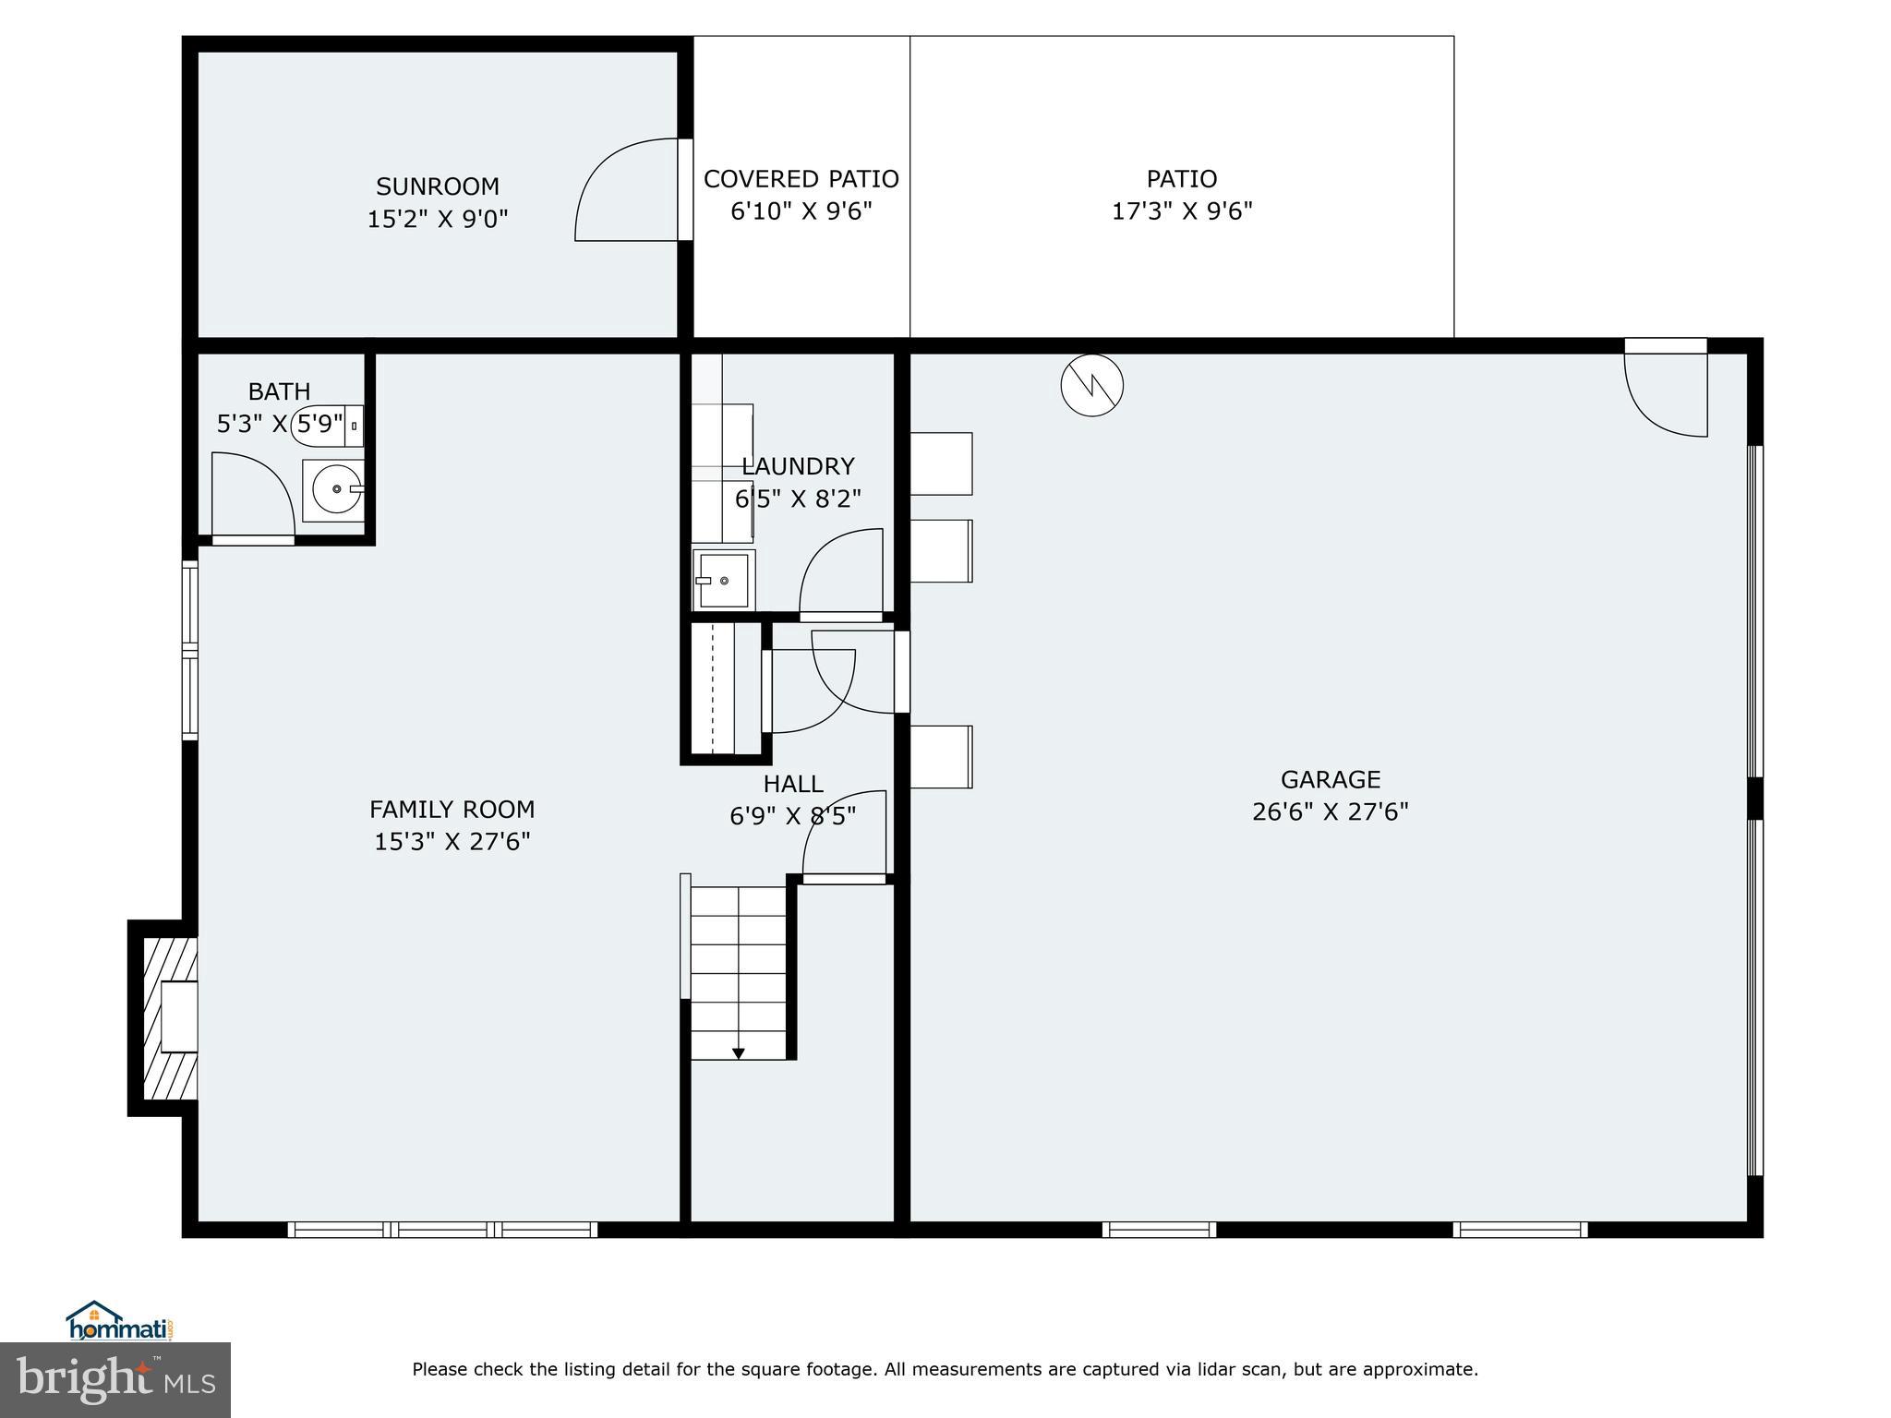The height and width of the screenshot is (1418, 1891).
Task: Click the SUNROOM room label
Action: point(438,186)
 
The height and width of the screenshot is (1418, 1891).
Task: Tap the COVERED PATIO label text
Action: point(801,179)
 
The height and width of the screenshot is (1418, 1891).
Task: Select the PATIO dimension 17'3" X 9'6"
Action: point(1182,211)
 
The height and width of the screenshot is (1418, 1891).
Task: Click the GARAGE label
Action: point(1330,780)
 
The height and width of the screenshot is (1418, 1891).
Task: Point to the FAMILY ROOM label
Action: point(452,810)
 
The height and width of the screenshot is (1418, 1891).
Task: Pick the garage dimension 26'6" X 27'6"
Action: point(1330,812)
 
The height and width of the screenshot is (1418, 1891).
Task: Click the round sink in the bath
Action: point(336,489)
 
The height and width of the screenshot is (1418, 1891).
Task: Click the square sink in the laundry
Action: point(723,581)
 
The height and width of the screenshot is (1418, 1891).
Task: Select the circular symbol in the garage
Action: point(1091,385)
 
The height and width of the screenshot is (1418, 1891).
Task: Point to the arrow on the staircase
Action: point(738,1052)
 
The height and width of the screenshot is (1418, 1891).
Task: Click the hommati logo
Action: point(119,1321)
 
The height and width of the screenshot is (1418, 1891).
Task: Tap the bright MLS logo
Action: point(115,1380)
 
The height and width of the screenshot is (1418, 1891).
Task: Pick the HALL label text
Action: point(793,784)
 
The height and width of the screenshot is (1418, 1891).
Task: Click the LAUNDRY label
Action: point(798,466)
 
